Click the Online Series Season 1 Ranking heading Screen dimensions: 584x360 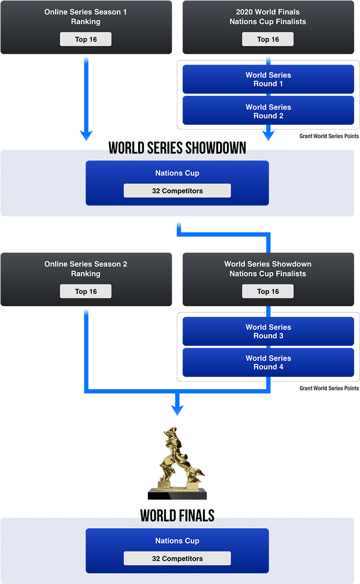(x=86, y=17)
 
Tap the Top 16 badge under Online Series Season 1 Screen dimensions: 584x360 (x=86, y=39)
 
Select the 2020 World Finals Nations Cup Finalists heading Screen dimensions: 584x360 (x=268, y=17)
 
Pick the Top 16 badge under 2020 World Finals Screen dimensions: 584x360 (x=268, y=39)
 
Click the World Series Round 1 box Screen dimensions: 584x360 (x=268, y=79)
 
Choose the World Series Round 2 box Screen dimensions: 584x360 (x=268, y=111)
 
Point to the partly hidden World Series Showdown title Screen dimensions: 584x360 (x=177, y=150)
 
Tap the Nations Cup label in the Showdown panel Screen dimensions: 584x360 (x=177, y=173)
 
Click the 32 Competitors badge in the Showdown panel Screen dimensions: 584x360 (x=177, y=191)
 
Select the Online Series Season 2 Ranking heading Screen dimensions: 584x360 (x=86, y=269)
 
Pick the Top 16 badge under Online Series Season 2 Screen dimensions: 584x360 (x=86, y=291)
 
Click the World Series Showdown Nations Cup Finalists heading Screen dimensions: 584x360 (x=268, y=269)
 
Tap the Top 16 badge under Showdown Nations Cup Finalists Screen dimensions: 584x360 (x=268, y=291)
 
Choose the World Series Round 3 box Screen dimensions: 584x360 (x=268, y=331)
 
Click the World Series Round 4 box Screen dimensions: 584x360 (x=268, y=362)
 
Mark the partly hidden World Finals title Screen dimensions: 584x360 (x=177, y=518)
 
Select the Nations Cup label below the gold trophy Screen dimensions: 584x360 (x=177, y=541)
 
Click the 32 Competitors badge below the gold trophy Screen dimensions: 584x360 (x=177, y=558)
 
